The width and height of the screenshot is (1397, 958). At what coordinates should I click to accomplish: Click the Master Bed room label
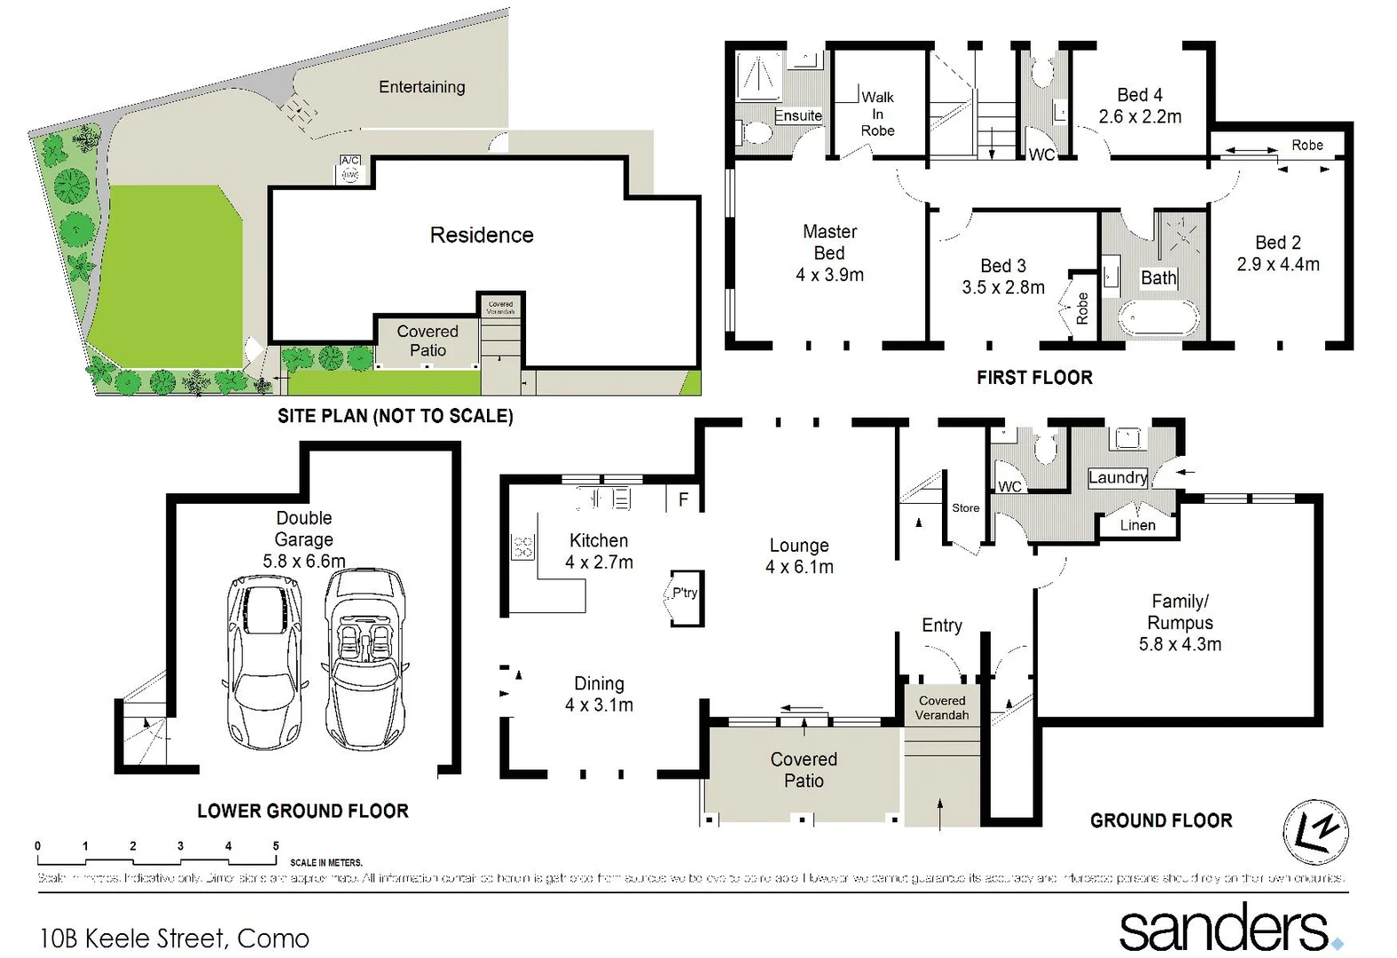829,242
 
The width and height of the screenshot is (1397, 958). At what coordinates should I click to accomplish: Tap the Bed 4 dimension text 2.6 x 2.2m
1140,117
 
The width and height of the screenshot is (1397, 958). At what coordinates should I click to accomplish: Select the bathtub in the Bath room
1158,318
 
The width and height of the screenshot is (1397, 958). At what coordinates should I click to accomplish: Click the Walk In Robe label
877,114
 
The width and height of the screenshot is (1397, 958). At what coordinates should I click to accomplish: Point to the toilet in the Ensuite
756,133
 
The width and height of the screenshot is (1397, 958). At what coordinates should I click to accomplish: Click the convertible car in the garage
365,658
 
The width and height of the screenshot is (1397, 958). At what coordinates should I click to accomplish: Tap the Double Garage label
303,529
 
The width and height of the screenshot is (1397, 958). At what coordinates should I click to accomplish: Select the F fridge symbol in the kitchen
683,499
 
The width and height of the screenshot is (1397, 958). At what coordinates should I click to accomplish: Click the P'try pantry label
684,593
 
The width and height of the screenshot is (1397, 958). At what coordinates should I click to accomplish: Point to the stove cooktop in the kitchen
522,547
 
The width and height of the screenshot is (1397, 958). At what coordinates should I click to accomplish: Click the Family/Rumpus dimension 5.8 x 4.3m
1180,645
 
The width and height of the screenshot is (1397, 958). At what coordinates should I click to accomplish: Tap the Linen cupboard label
1137,525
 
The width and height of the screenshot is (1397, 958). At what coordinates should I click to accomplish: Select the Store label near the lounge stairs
965,508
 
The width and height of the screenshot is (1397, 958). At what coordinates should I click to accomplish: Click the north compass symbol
1315,832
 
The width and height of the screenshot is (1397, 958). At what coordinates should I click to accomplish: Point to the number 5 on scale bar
276,846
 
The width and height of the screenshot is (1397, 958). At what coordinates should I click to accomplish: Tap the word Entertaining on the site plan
421,87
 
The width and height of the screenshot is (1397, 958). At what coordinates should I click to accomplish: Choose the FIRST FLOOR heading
1034,378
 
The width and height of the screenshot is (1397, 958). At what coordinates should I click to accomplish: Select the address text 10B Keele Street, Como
175,938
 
